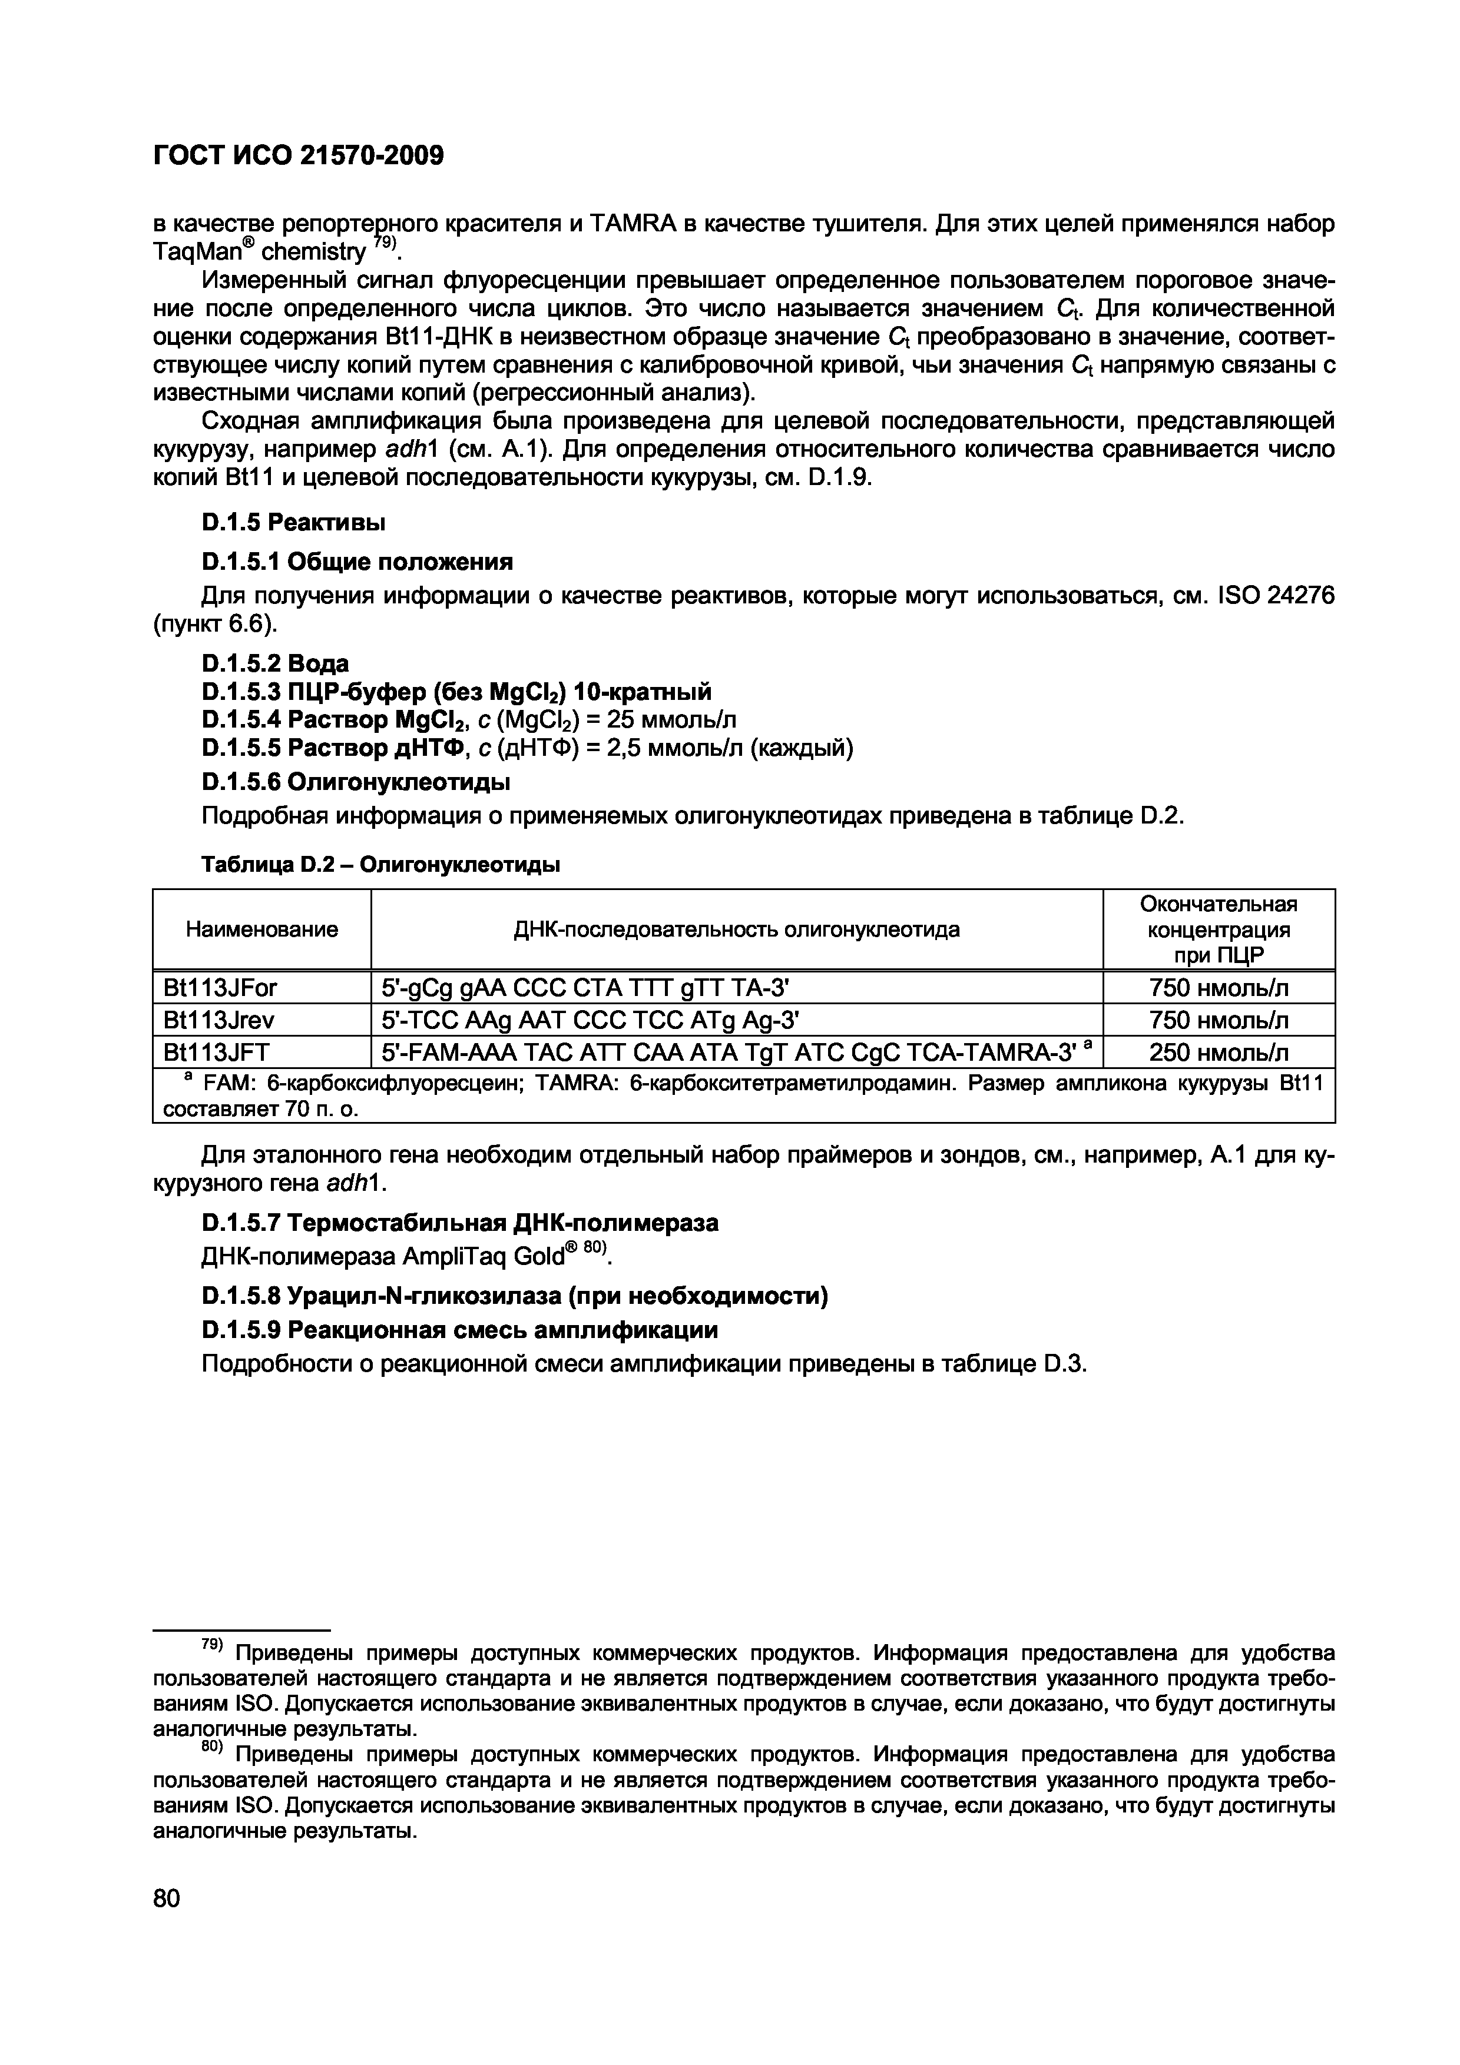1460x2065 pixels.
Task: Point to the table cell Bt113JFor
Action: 220,988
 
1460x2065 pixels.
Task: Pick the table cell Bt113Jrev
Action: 218,1020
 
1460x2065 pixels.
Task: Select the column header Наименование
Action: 261,929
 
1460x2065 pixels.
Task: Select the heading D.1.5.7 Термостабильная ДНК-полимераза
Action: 460,1222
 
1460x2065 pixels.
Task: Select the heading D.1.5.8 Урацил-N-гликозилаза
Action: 515,1296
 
